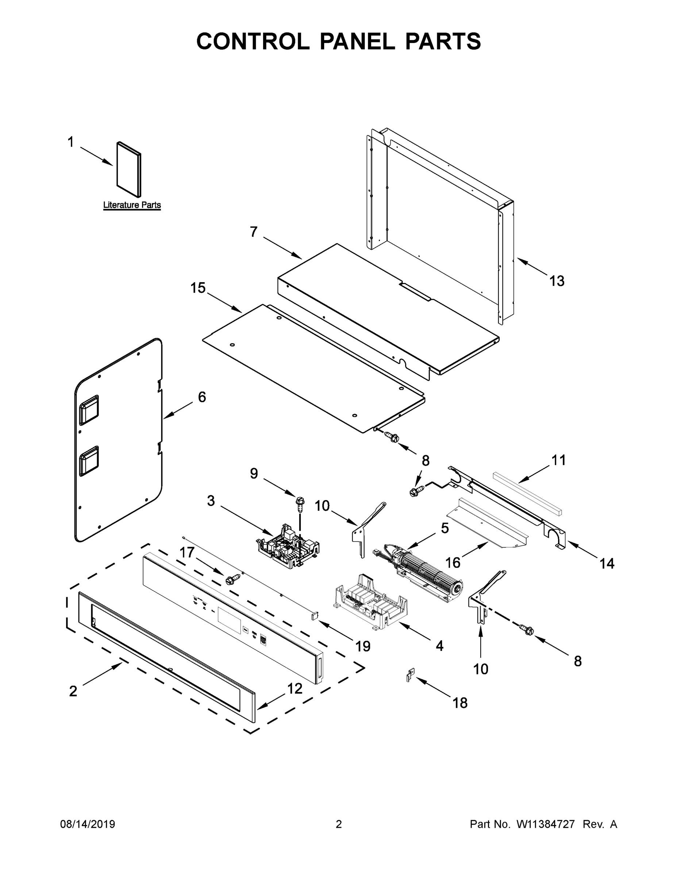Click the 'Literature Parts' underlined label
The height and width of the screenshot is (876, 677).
(132, 205)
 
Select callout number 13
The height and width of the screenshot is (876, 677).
(557, 281)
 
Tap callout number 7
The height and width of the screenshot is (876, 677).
(254, 232)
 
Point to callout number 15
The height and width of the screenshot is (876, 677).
(198, 288)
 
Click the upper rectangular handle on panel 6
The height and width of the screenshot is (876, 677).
(89, 410)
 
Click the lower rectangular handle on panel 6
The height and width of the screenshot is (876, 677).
(89, 461)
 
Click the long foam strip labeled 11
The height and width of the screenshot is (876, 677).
(527, 492)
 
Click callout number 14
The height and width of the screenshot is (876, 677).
(607, 564)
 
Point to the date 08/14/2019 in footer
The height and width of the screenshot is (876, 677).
(88, 824)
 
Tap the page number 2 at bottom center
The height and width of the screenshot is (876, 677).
(339, 824)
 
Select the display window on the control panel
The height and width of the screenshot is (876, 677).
(230, 620)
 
